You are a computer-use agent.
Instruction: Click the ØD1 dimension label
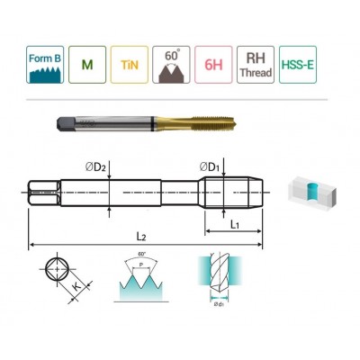click(211, 165)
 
